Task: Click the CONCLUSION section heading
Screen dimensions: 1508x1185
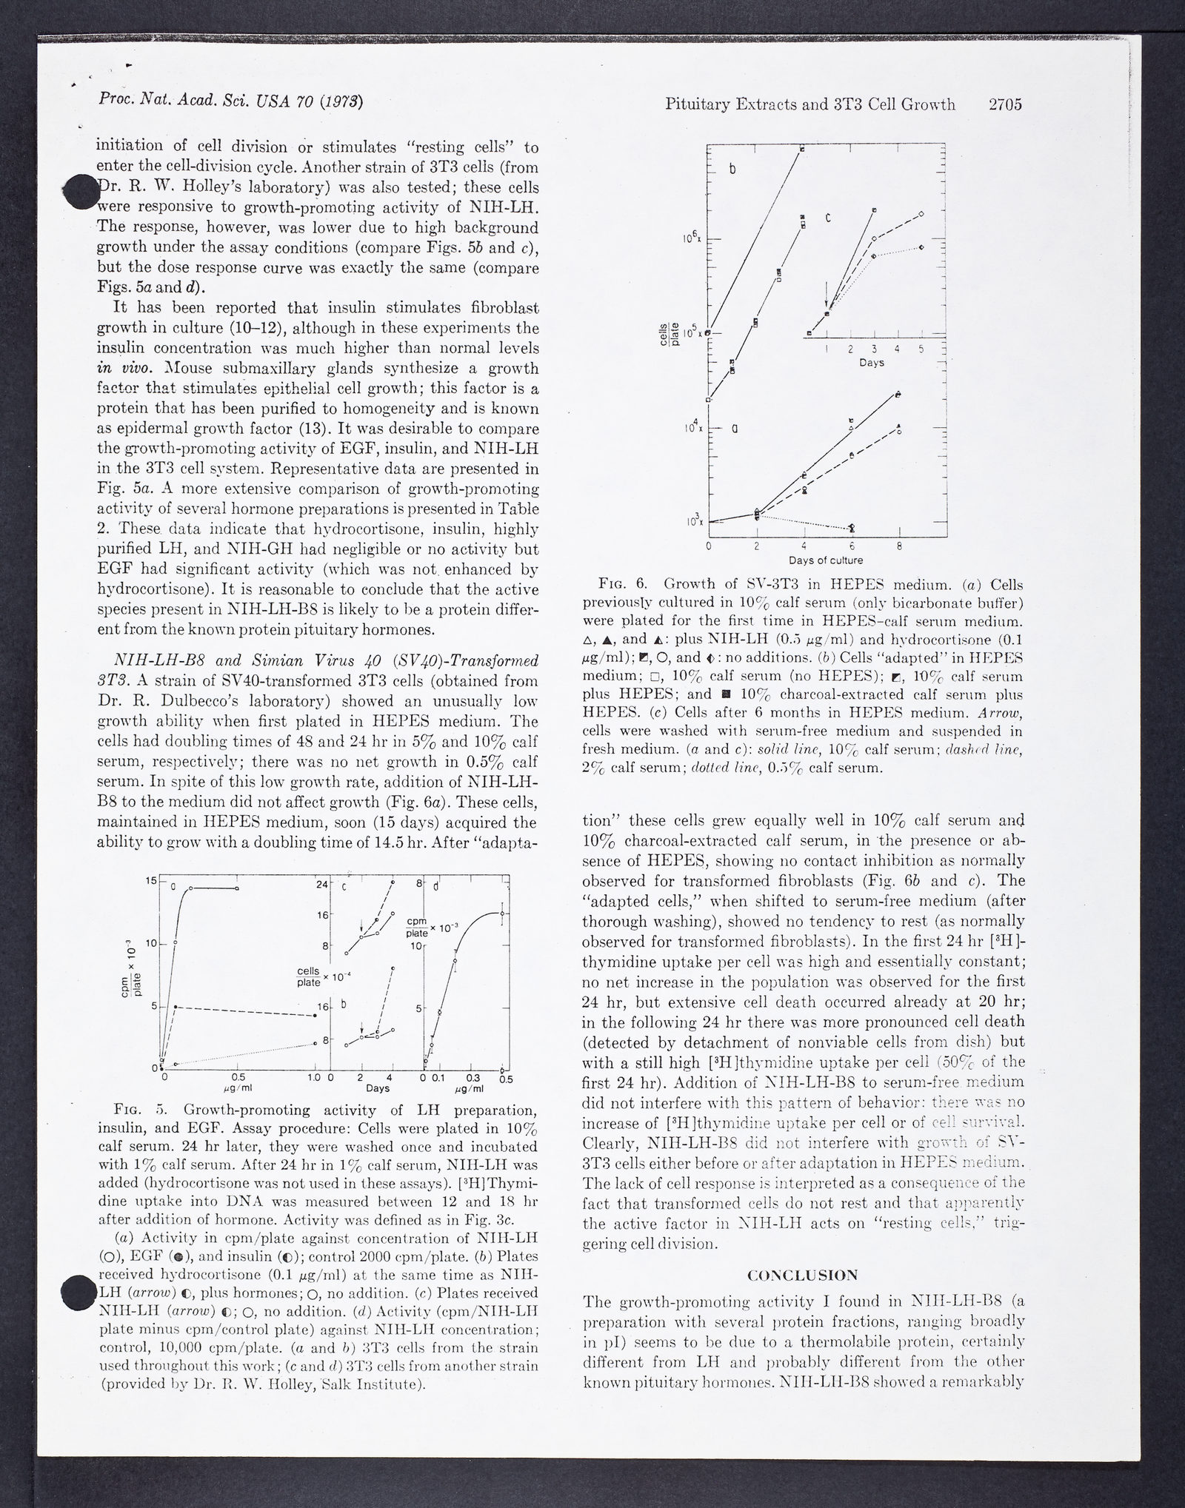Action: point(803,1275)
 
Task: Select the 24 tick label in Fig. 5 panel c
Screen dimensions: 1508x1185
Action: point(322,884)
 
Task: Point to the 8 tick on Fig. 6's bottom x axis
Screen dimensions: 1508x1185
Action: point(899,546)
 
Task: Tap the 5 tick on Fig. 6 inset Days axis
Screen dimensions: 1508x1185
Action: point(921,349)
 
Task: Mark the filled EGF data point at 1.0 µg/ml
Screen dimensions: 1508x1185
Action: point(316,1015)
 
